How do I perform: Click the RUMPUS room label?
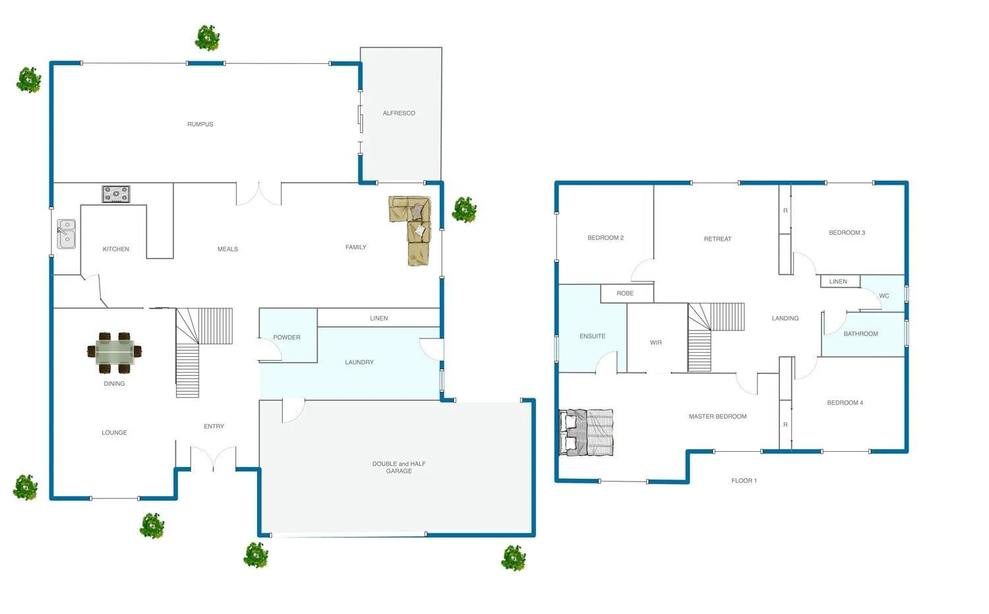pyautogui.click(x=200, y=124)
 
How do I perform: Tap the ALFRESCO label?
pyautogui.click(x=399, y=113)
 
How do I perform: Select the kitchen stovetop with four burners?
pyautogui.click(x=116, y=194)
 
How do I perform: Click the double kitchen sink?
pyautogui.click(x=67, y=234)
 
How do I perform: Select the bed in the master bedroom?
pyautogui.click(x=587, y=433)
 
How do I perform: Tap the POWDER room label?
pyautogui.click(x=287, y=338)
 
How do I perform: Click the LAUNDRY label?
pyautogui.click(x=359, y=362)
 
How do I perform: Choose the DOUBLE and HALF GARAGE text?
pyautogui.click(x=399, y=468)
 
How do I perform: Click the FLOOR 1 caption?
pyautogui.click(x=744, y=481)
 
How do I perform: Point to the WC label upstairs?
pyautogui.click(x=884, y=296)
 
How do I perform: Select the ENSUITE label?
pyautogui.click(x=592, y=336)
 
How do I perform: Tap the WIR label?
pyautogui.click(x=655, y=343)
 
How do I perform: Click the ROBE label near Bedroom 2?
pyautogui.click(x=625, y=293)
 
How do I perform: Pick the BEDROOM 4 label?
pyautogui.click(x=845, y=403)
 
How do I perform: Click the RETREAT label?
pyautogui.click(x=717, y=239)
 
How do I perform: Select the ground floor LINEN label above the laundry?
pyautogui.click(x=378, y=319)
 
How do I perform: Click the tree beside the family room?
pyautogui.click(x=464, y=210)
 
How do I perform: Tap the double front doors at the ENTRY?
pyautogui.click(x=213, y=459)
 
